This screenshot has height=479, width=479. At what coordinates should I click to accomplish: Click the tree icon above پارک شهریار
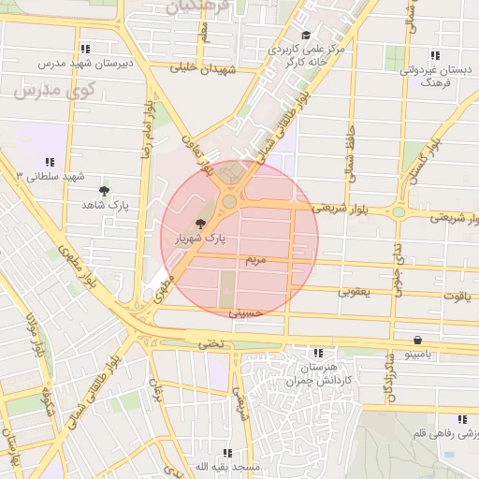coord(200,223)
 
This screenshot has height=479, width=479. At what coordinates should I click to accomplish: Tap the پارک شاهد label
coord(104,204)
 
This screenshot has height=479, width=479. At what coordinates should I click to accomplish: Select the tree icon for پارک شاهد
coord(104,190)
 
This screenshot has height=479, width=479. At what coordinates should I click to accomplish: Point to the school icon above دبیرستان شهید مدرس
coord(85,49)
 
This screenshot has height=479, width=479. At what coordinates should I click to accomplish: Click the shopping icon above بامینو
coord(416,340)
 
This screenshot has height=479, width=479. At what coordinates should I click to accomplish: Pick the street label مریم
coord(256,257)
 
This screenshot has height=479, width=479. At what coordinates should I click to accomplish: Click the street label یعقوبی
coord(355,293)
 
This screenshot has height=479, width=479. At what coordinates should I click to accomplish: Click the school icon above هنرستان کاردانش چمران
coord(318,353)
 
